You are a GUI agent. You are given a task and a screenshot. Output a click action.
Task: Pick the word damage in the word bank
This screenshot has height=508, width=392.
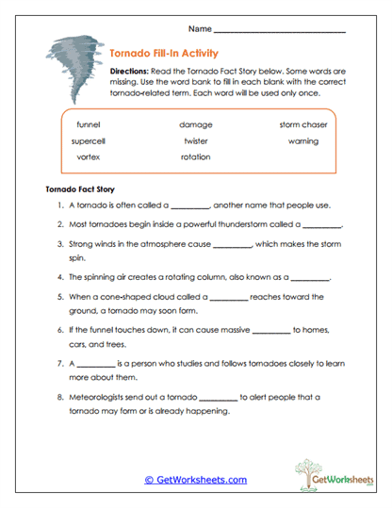[x=195, y=124]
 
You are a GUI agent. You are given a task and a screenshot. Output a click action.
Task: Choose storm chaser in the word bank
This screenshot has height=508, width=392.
[x=303, y=124]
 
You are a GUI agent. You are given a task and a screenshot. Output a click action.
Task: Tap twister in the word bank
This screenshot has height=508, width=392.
[x=195, y=140]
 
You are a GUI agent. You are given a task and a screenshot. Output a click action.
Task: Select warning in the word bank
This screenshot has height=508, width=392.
[x=303, y=140]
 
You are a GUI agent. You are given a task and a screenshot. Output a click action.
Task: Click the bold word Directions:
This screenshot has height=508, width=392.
[x=130, y=71]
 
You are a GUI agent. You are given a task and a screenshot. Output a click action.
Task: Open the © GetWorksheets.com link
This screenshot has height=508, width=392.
[x=196, y=479]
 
